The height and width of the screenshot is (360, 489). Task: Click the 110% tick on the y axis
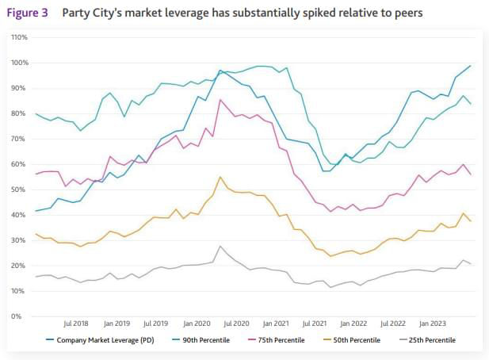pyautogui.click(x=19, y=37)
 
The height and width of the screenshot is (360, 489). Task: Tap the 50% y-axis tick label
pyautogui.click(x=20, y=190)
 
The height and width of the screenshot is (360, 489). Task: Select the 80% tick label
pyautogui.click(x=20, y=113)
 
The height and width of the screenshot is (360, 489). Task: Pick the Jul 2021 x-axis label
pyautogui.click(x=316, y=324)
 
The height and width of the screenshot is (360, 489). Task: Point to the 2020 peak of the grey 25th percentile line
pyautogui.click(x=220, y=246)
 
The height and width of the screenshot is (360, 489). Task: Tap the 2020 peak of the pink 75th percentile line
pyautogui.click(x=220, y=100)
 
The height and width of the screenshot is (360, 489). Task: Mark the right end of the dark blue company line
pyautogui.click(x=471, y=66)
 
